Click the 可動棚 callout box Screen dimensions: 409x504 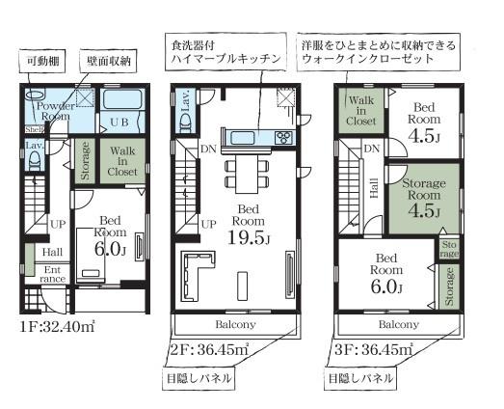pos(42,61)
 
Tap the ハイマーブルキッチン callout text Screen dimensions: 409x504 pos(227,52)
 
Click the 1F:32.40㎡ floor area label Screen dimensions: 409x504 pos(57,327)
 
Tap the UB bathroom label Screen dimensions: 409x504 pos(119,123)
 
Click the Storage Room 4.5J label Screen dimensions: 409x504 pos(423,197)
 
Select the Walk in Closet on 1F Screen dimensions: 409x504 pos(122,159)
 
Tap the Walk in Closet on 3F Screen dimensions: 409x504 pos(361,112)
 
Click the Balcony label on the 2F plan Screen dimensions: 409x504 pos(234,325)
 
